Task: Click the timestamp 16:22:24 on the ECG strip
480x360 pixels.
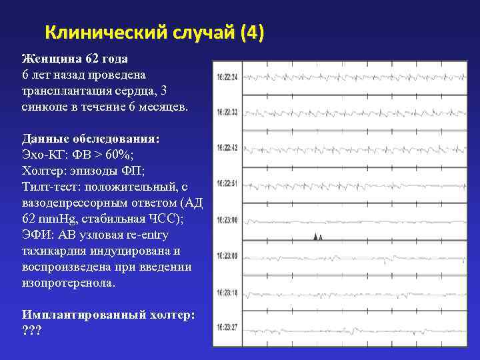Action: coord(227,76)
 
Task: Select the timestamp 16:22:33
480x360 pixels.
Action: coord(227,112)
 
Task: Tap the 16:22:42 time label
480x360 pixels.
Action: coord(227,147)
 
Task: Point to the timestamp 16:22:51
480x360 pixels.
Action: coord(227,183)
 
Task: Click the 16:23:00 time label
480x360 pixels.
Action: coord(227,219)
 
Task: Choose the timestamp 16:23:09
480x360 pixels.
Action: coord(227,255)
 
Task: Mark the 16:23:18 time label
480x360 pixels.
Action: coord(227,292)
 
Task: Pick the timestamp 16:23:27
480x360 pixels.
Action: coord(227,327)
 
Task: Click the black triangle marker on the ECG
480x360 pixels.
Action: coord(318,236)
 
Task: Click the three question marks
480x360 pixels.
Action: coord(31,331)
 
